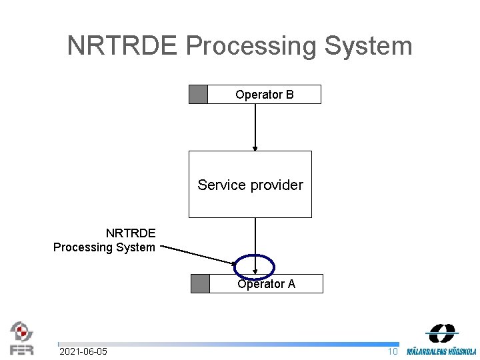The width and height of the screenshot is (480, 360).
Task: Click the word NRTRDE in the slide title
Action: (123, 46)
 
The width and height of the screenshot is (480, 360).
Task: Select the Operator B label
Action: (264, 95)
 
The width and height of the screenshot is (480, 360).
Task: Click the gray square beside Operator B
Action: (198, 95)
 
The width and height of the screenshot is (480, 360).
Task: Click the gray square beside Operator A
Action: (200, 283)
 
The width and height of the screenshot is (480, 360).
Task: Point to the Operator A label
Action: (266, 284)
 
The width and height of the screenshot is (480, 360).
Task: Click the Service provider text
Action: (250, 185)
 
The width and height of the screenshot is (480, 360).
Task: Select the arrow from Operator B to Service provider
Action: (255, 127)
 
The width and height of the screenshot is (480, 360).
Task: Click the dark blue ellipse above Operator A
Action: (254, 266)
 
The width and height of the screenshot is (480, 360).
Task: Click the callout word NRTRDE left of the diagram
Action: (131, 233)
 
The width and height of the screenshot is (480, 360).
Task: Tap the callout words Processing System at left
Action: (104, 247)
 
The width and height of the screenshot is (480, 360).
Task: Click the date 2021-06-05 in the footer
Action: (83, 351)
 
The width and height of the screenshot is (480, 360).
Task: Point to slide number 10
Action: (393, 351)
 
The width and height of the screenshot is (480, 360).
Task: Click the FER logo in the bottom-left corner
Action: (21, 338)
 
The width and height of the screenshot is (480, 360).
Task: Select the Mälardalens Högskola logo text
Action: (442, 351)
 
